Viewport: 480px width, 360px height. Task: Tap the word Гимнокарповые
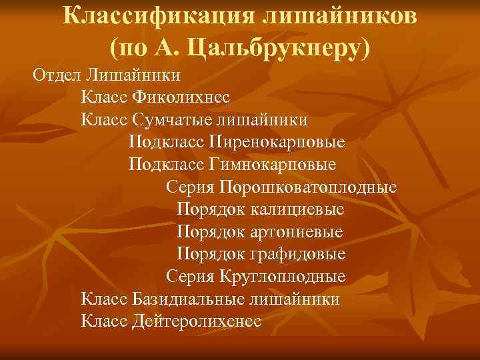click(x=273, y=164)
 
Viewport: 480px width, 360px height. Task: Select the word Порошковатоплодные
click(x=310, y=187)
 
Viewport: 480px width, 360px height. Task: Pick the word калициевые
click(x=299, y=209)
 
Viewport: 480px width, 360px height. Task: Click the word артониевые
click(x=298, y=232)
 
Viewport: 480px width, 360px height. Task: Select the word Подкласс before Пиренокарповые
click(x=166, y=142)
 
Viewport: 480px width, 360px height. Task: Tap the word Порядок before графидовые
click(x=212, y=254)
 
